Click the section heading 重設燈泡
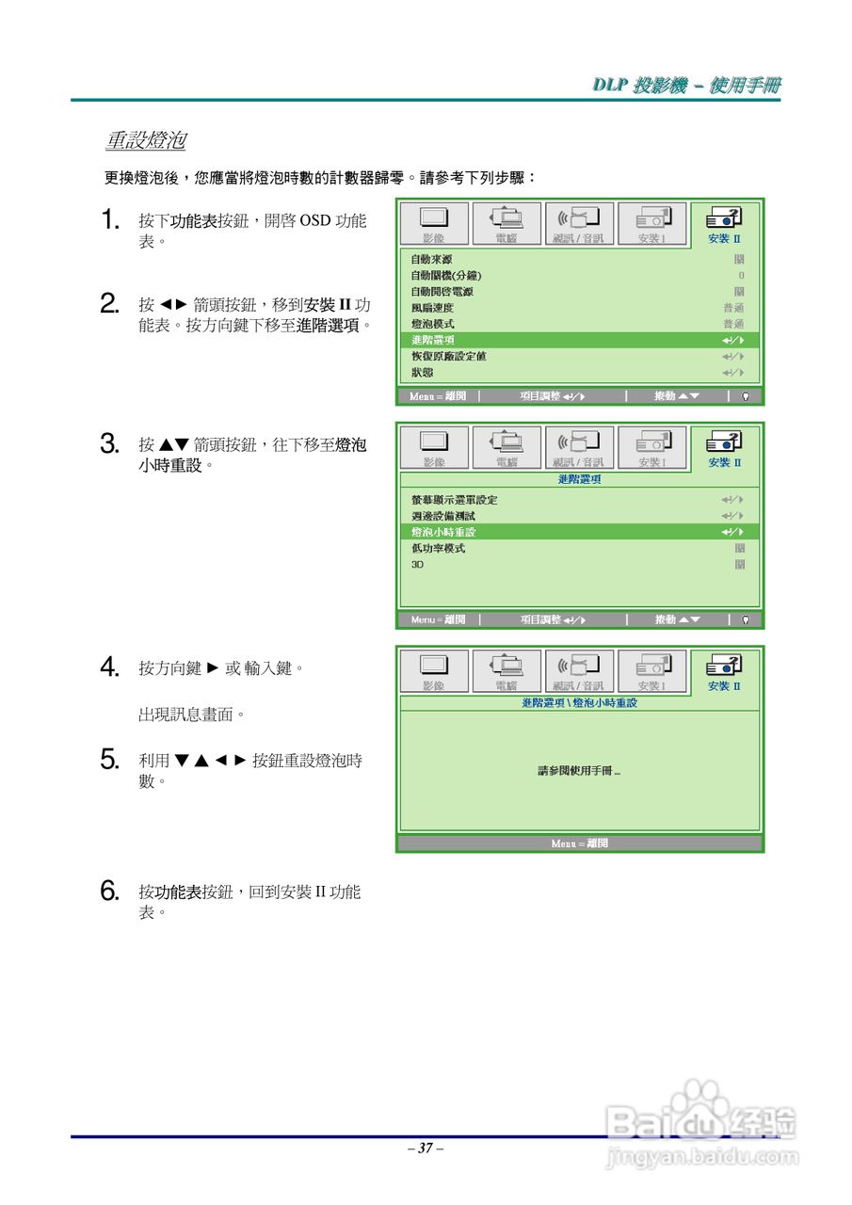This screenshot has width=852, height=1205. pos(145,141)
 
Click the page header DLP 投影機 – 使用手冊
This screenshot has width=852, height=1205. pos(686,86)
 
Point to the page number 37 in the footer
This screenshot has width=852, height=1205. pos(426,1148)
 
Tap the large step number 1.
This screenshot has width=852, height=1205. pos(110,221)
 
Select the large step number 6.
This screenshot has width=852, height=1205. pos(110,891)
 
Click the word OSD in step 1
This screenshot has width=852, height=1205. pos(314,221)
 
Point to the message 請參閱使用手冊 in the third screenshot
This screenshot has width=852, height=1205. pos(579,770)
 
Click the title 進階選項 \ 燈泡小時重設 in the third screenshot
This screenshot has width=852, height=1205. pos(579,703)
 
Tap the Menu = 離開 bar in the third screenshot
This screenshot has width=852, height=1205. pos(579,843)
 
